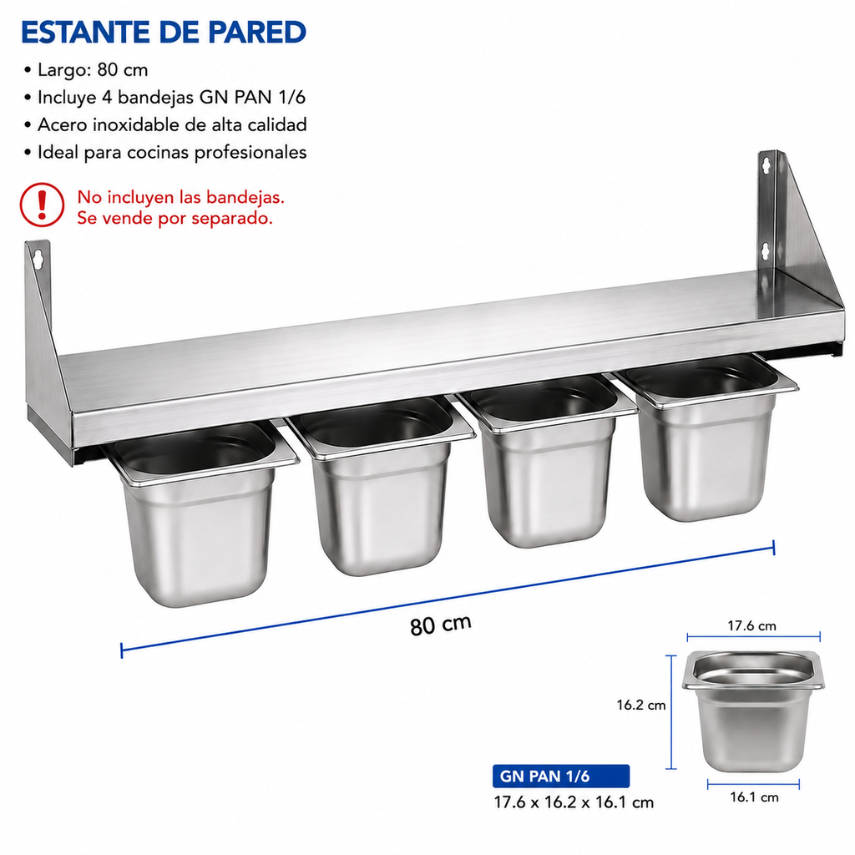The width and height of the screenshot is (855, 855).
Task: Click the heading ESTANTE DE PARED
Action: [x=164, y=33]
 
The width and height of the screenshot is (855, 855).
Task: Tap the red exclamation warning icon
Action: [x=42, y=205]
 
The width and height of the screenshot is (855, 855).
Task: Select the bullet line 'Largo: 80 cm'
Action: [x=86, y=70]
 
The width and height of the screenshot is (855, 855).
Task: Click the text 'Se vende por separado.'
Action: [x=175, y=219]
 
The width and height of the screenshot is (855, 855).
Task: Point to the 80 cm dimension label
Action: [x=441, y=625]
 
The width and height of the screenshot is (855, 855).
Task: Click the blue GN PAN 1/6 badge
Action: [x=560, y=776]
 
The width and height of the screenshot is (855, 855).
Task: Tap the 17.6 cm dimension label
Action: [x=751, y=625]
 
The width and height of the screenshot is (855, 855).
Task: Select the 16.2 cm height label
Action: [x=641, y=705]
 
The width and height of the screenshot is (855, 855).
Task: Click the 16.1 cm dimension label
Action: [x=754, y=797]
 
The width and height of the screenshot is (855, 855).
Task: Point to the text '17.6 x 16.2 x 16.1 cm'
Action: [x=574, y=802]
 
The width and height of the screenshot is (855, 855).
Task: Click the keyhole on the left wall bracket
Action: [x=38, y=260]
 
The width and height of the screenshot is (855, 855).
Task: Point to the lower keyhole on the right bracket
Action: [x=766, y=251]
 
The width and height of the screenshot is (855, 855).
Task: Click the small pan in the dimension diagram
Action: [x=752, y=711]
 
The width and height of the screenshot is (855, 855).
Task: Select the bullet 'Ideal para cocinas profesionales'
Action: [x=165, y=152]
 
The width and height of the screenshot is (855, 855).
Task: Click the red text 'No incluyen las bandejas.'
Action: [x=180, y=197]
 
